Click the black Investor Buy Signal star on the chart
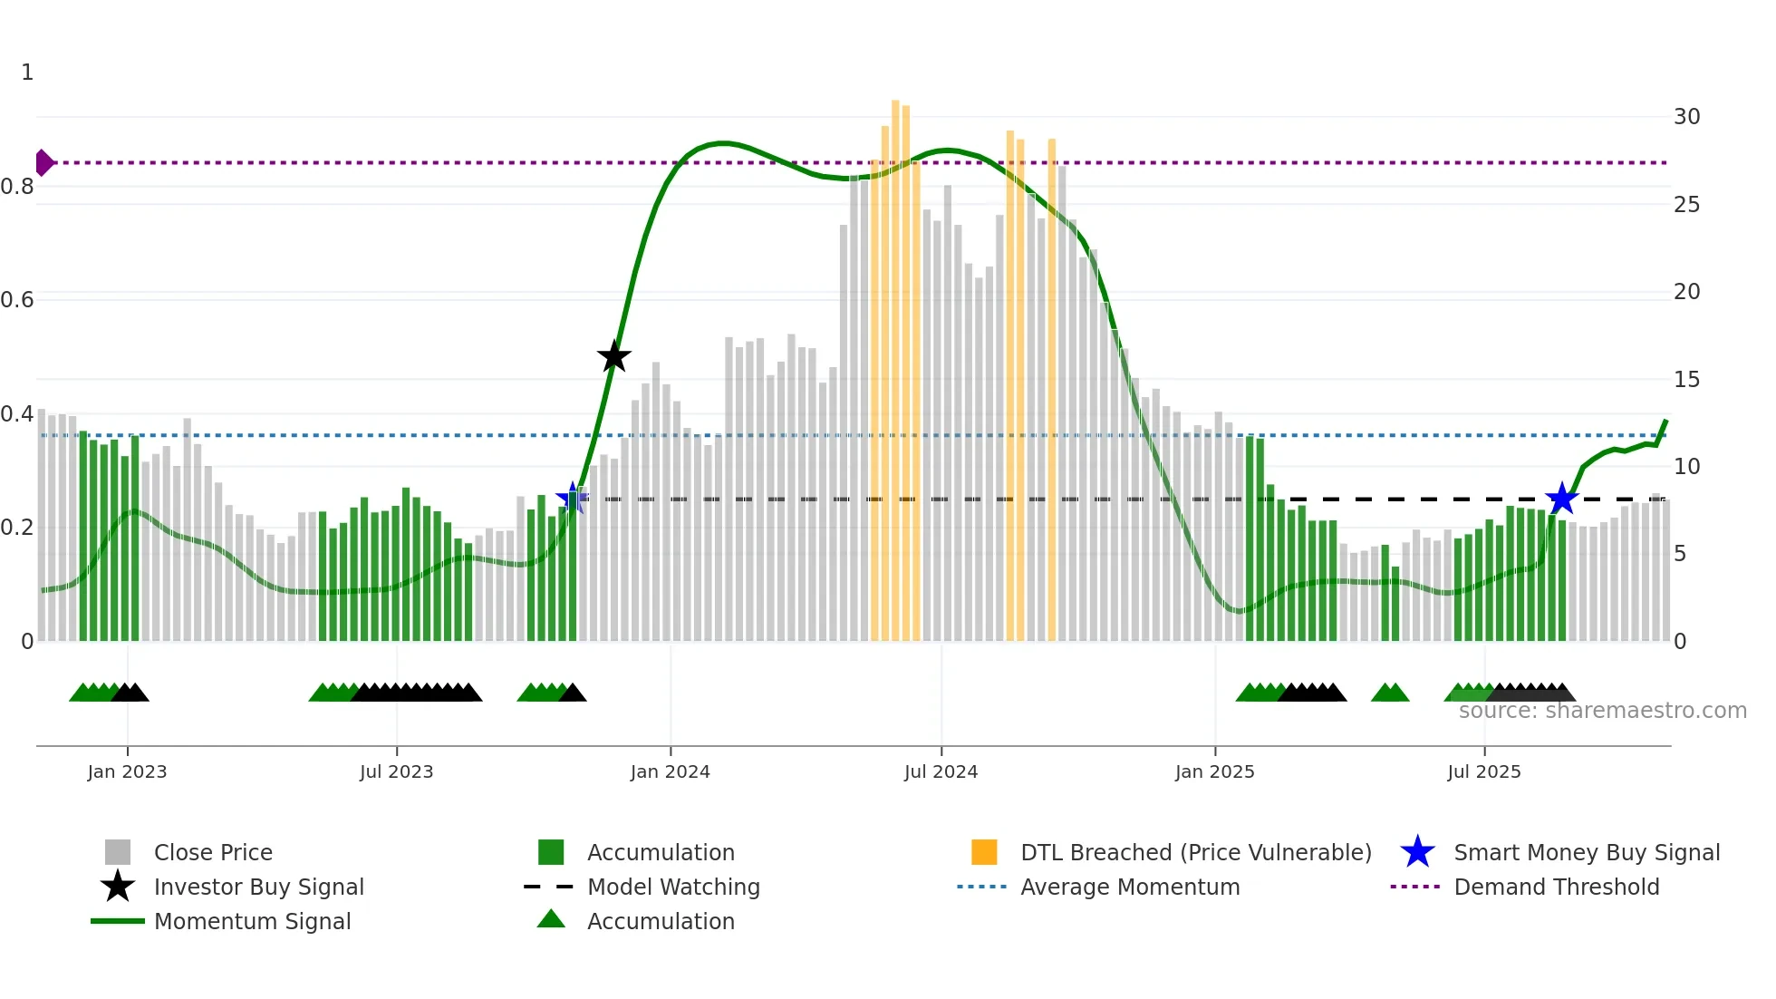pyautogui.click(x=614, y=356)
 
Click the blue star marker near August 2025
pyautogui.click(x=1562, y=499)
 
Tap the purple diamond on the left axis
pyautogui.click(x=43, y=163)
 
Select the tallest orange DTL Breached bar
pyautogui.click(x=895, y=372)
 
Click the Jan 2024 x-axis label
pyautogui.click(x=670, y=771)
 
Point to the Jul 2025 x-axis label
pyautogui.click(x=1483, y=771)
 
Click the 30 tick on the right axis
pyautogui.click(x=1686, y=117)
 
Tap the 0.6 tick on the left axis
pyautogui.click(x=17, y=300)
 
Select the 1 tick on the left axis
pyautogui.click(x=27, y=73)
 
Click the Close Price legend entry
pyautogui.click(x=212, y=852)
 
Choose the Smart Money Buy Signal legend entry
pyautogui.click(x=1586, y=852)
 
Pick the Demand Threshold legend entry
pyautogui.click(x=1556, y=887)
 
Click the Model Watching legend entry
pyautogui.click(x=672, y=887)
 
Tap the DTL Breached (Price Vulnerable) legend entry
pyautogui.click(x=1195, y=852)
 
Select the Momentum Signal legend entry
pyautogui.click(x=252, y=921)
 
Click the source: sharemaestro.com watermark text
pyautogui.click(x=1602, y=711)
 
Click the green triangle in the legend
pyautogui.click(x=551, y=919)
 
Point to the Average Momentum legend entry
pyautogui.click(x=1129, y=887)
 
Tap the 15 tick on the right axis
pyautogui.click(x=1686, y=380)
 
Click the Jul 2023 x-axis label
pyautogui.click(x=396, y=771)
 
